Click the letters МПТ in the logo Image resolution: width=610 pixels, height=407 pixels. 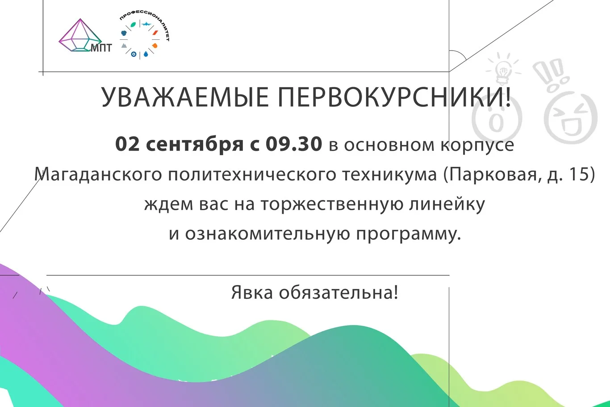coord(101,47)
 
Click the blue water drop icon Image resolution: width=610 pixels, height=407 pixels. coord(146,55)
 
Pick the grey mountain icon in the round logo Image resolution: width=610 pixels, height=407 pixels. coord(124,45)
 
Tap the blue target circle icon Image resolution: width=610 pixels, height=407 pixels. coord(134,54)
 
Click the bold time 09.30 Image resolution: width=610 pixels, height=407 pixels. coord(294,144)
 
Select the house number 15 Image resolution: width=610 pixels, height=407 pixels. coord(579,174)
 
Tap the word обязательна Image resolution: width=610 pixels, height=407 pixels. coord(338,293)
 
